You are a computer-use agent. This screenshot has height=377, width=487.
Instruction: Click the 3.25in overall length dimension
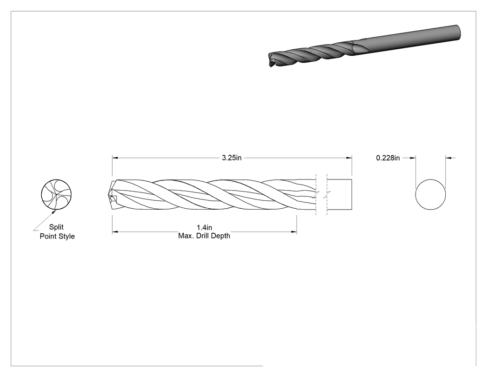tap(231, 158)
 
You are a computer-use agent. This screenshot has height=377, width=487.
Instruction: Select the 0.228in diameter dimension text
tap(388, 158)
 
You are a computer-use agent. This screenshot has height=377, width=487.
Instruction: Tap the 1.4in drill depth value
tap(205, 228)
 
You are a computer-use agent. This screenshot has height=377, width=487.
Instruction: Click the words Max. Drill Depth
tap(204, 236)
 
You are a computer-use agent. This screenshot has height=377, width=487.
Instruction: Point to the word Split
tap(56, 227)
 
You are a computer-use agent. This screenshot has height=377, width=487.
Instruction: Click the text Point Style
tap(57, 236)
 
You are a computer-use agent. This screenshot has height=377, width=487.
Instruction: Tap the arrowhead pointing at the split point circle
tap(54, 212)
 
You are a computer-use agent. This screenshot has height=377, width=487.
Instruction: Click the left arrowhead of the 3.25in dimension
tap(115, 158)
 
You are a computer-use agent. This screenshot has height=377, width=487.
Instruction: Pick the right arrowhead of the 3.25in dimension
tap(349, 158)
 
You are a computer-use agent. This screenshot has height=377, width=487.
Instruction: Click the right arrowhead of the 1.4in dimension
tap(294, 231)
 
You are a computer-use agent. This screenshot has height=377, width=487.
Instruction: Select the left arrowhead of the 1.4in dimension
tap(115, 231)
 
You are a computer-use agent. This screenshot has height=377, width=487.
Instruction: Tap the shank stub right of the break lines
tap(340, 195)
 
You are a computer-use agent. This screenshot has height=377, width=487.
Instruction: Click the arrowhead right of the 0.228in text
tap(412, 158)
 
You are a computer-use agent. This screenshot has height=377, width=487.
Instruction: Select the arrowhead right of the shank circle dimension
tap(449, 158)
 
